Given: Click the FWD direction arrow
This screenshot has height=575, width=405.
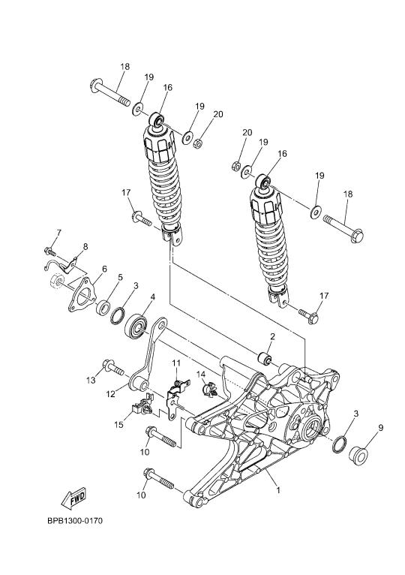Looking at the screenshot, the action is [x=73, y=498].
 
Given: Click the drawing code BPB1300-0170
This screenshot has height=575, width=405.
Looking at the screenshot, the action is [x=75, y=520].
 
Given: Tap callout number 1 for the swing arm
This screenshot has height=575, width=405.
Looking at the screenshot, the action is [x=278, y=490].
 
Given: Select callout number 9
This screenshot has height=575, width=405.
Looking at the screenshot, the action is [x=381, y=427].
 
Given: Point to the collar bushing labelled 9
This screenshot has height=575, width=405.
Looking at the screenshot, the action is [x=358, y=455].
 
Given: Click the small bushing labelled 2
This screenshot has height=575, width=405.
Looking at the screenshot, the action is [x=264, y=358].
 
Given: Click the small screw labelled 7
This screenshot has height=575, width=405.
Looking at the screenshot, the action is [x=49, y=251].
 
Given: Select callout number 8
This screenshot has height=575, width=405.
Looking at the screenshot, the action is [x=85, y=246].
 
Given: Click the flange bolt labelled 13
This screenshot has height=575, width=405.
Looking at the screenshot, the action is [x=113, y=367].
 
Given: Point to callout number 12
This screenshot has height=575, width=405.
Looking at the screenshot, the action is [x=110, y=394].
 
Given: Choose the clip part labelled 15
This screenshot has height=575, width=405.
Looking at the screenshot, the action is [x=142, y=406].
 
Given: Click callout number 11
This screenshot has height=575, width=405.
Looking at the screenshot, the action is [x=176, y=363].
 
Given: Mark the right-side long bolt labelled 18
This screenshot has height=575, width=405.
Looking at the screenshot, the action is [x=343, y=228].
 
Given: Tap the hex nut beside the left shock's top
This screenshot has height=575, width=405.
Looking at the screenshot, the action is [x=198, y=143].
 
